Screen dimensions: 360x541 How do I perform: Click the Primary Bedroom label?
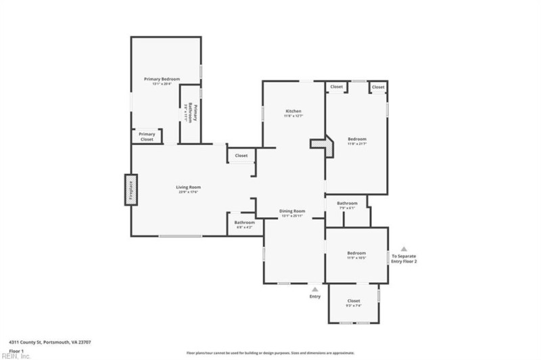(162, 79)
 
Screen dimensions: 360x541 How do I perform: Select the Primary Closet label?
(147, 137)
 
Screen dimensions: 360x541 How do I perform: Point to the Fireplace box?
(131, 189)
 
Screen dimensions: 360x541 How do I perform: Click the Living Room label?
(188, 187)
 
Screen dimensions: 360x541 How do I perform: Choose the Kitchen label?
(293, 111)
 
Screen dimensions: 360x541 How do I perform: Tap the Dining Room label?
(293, 211)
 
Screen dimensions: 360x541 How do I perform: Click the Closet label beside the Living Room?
(241, 156)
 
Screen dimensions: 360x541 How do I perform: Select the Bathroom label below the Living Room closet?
(244, 223)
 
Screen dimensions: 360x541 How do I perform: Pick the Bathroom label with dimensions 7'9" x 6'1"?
(347, 203)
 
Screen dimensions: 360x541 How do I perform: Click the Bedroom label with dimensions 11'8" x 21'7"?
(356, 139)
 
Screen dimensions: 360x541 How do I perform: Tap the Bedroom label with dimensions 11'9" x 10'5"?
(356, 253)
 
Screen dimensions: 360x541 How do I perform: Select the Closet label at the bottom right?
(354, 300)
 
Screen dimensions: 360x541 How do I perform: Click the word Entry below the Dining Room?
(314, 296)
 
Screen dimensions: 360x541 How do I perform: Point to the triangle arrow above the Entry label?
(314, 289)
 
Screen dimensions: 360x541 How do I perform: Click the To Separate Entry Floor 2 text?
(404, 258)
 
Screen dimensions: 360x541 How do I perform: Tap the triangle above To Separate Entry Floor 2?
(404, 248)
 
